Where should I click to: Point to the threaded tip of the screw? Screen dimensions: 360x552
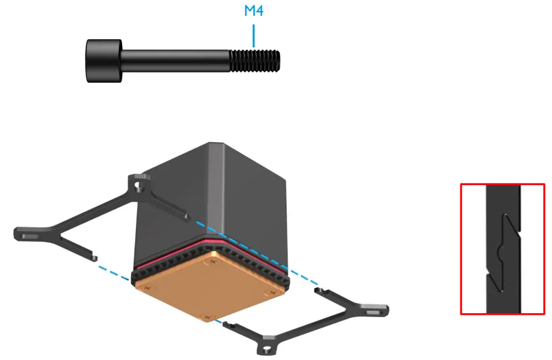tap(254, 61)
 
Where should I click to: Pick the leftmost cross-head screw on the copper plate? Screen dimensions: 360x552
tap(147, 288)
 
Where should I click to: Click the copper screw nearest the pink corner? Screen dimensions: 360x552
tap(213, 261)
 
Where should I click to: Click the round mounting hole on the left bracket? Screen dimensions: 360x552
tap(138, 186)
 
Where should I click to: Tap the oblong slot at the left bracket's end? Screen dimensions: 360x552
tap(28, 236)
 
